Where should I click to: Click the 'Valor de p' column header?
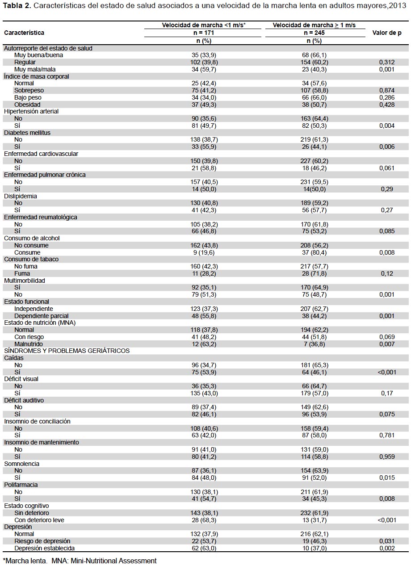[x=387, y=33]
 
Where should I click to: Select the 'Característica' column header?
[x=24, y=33]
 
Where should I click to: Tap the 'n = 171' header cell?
[x=204, y=33]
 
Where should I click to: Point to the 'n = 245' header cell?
[x=314, y=33]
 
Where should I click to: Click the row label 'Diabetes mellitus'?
[x=27, y=133]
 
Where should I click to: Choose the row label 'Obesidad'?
[x=27, y=105]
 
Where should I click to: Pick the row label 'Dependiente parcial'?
[x=42, y=316]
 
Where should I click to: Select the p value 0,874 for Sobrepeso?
[x=387, y=90]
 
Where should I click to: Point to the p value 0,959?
[x=387, y=457]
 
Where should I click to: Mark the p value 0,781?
[x=387, y=435]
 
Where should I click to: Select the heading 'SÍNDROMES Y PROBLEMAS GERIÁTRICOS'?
[x=67, y=351]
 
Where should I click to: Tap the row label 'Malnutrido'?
[x=29, y=344]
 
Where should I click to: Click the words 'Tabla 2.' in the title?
[x=17, y=5]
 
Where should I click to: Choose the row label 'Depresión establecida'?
[x=45, y=548]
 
